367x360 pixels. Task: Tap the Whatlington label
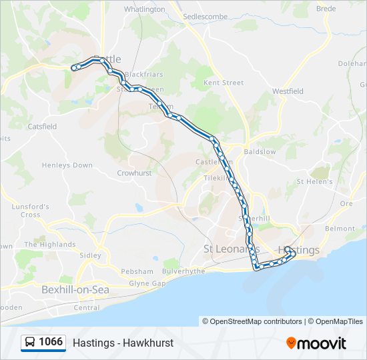click(144, 9)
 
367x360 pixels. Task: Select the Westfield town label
click(288, 91)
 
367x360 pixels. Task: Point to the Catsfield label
click(42, 126)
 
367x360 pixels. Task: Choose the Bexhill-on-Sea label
click(75, 290)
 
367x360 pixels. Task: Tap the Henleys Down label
click(67, 165)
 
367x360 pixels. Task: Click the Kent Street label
click(224, 83)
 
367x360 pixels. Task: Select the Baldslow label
click(260, 152)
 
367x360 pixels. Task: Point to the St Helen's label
click(315, 181)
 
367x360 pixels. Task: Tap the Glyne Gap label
click(147, 283)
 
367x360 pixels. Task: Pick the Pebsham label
click(137, 271)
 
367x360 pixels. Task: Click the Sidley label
click(90, 255)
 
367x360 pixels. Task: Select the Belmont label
click(340, 229)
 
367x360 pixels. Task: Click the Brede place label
click(326, 9)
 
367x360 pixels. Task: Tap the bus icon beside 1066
click(30, 343)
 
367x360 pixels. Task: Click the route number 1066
click(51, 342)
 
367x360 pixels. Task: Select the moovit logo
click(316, 343)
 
